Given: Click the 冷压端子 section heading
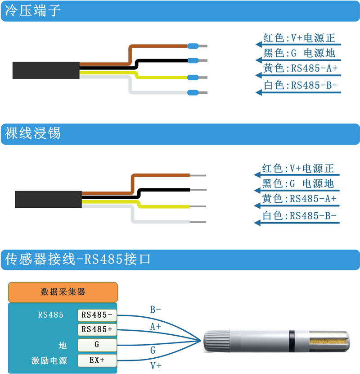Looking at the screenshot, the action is (x=33, y=11).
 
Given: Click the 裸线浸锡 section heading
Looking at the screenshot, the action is (x=33, y=133).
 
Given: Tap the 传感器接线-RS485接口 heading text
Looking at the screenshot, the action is (x=78, y=259).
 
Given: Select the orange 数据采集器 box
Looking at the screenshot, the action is (x=63, y=292).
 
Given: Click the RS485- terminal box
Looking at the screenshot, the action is (x=97, y=315).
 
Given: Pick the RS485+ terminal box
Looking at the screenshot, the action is (x=97, y=329).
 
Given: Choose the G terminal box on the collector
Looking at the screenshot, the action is (x=97, y=345).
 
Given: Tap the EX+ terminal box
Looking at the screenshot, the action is (x=97, y=360).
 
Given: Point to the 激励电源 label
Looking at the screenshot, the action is (x=49, y=360).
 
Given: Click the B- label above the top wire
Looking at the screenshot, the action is (x=156, y=310).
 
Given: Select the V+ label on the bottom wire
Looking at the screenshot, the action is (x=156, y=365).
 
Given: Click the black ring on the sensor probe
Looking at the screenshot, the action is (x=292, y=341).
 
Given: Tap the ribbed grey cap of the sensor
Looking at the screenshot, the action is (x=216, y=341).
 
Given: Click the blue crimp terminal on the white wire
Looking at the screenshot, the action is (x=193, y=92).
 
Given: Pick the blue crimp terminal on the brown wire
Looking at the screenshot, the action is (x=193, y=46).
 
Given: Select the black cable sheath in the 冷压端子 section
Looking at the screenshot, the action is (x=46, y=70).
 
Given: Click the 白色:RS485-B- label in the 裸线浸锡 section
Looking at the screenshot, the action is (x=299, y=216).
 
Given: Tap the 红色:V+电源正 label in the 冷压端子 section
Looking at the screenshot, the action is (x=299, y=38).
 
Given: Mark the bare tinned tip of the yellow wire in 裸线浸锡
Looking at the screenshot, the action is (x=198, y=206).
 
